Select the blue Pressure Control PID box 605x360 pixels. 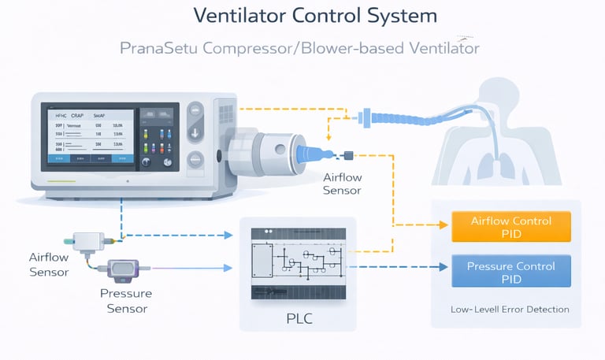pos(510,272)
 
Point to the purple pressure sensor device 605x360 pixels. pos(127,270)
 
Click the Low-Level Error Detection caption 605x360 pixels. pos(510,310)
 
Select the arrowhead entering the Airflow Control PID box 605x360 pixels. pos(445,227)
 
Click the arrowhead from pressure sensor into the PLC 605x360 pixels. pos(229,268)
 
